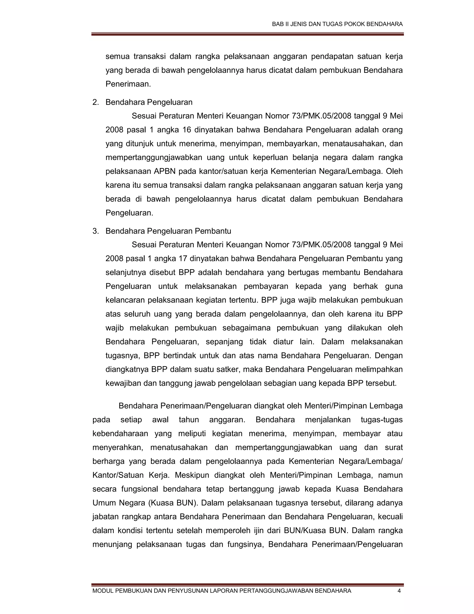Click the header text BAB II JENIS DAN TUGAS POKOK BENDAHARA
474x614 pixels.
point(337,24)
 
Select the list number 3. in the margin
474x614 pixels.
point(96,231)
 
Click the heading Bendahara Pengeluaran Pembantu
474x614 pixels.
point(168,231)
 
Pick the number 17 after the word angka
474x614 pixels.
point(183,259)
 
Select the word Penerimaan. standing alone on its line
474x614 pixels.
point(128,84)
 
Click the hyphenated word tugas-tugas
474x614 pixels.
point(382,420)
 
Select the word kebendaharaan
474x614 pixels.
point(120,434)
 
